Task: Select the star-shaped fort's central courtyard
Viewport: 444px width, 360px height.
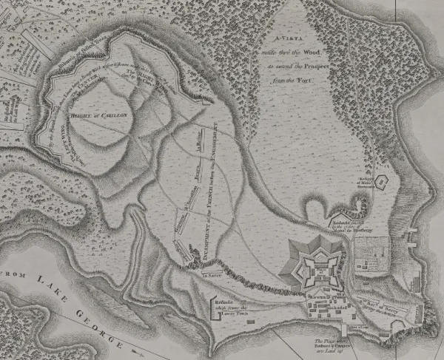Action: [320, 267]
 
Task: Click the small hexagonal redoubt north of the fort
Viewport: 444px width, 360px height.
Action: [382, 180]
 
